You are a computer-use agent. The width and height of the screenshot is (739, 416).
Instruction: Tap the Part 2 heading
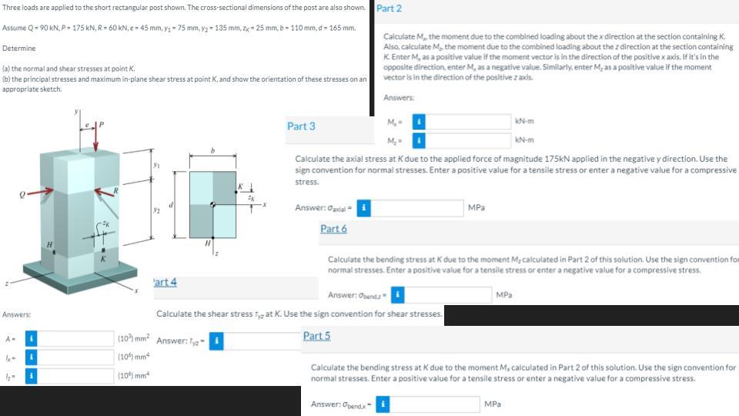click(389, 8)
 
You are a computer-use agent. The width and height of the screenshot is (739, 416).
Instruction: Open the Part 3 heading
click(300, 126)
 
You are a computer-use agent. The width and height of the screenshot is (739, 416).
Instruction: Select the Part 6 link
click(333, 229)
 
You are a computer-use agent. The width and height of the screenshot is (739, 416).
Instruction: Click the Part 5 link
click(316, 335)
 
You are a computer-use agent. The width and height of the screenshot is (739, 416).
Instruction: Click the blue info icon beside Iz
click(29, 376)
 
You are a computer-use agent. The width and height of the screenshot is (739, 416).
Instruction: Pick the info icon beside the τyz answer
click(218, 341)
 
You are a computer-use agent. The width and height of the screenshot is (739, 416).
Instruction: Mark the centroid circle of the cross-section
click(212, 205)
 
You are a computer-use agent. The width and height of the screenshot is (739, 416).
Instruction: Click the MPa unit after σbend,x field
click(493, 404)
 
